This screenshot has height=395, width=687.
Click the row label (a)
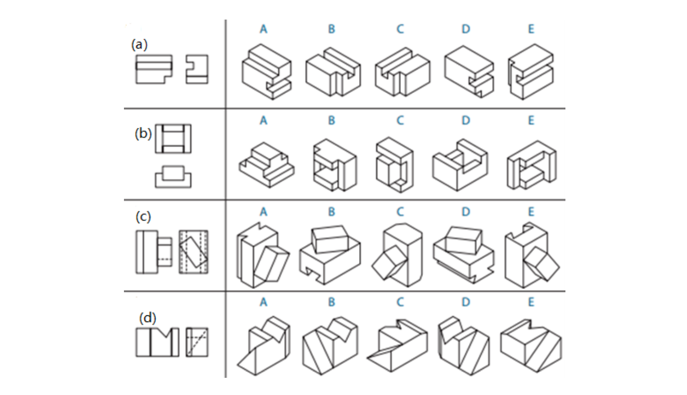pos(139,45)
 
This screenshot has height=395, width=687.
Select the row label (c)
pos(143,217)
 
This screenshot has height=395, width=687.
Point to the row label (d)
pos(147,317)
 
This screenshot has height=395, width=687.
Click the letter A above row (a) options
pos(264,29)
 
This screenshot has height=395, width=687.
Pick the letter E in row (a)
pos(531,29)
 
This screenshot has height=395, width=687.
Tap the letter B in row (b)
pos(331,120)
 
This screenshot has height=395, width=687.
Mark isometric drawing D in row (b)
pos(461,164)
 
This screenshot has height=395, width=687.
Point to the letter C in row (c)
pos(400,211)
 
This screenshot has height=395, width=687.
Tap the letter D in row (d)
pos(465,302)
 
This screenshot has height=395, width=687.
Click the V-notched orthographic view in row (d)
pos(157,342)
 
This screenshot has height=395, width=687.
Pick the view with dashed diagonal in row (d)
pos(197,342)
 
